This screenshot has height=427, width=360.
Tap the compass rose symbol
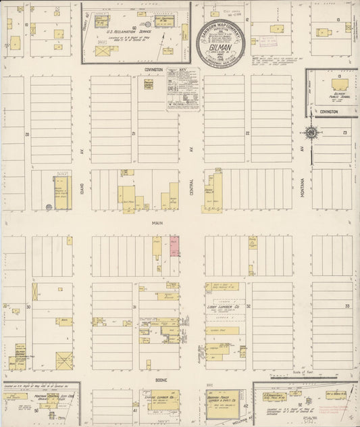[311, 132]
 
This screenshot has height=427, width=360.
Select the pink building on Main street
[174, 245]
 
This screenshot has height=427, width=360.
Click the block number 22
[248, 133]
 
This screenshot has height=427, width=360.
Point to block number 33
[347, 306]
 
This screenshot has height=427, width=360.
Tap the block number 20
[27, 134]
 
